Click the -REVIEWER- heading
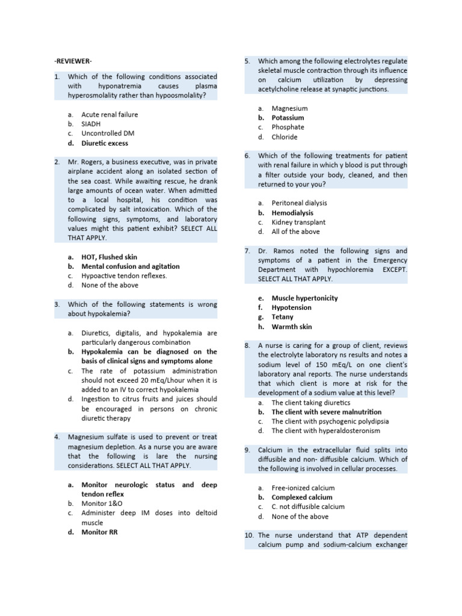(73, 61)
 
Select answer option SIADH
(91, 124)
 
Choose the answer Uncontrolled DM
(108, 134)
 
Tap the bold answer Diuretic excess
(105, 143)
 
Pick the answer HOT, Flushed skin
(109, 257)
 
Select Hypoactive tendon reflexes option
(124, 276)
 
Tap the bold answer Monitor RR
(100, 532)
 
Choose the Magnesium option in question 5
(289, 108)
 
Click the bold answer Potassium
(288, 118)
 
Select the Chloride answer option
(285, 137)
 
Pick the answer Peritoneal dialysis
(300, 203)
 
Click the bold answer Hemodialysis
(292, 213)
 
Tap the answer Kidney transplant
(298, 223)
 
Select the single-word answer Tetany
(282, 317)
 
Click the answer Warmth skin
(291, 327)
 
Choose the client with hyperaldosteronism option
(325, 431)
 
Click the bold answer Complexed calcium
(302, 497)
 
